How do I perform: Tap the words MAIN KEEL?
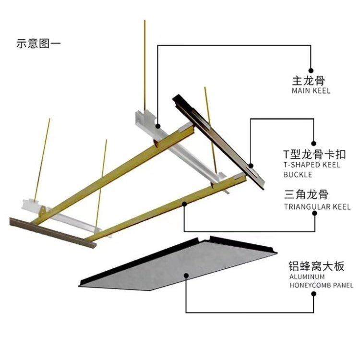coord(311,91)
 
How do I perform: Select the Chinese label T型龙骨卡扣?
coord(314,155)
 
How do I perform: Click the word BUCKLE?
coord(298,174)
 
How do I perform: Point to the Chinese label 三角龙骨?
coord(306,195)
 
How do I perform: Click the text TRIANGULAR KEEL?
coord(317,207)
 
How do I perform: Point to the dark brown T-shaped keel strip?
coord(218,142)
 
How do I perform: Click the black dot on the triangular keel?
coord(185,204)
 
